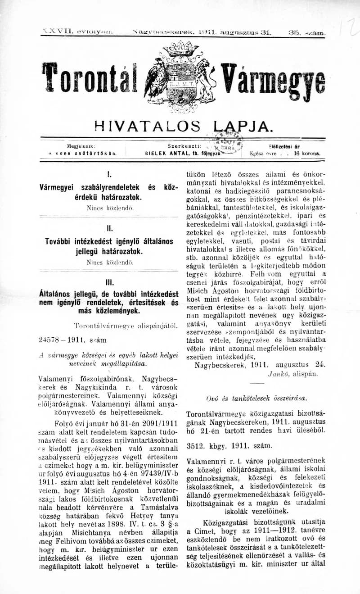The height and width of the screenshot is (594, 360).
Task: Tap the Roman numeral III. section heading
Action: click(109, 284)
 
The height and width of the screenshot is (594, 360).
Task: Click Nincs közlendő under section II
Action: click(109, 261)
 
